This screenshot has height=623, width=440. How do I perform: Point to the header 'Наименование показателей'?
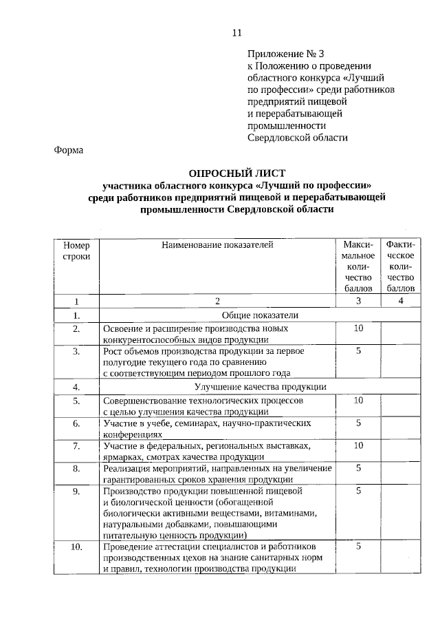(x=217, y=244)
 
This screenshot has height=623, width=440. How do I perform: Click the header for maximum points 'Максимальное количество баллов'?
(x=358, y=266)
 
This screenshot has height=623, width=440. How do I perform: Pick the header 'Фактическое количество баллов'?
(x=401, y=266)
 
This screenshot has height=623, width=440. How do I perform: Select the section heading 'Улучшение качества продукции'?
(x=250, y=386)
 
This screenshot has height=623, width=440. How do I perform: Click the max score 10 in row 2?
(x=358, y=328)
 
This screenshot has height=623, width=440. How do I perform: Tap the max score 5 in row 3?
(x=358, y=350)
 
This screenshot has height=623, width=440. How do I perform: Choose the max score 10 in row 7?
(x=358, y=445)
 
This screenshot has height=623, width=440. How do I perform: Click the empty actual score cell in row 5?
(x=401, y=405)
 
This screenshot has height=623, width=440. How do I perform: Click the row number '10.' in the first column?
(x=76, y=547)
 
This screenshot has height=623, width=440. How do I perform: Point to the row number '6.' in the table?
(x=76, y=423)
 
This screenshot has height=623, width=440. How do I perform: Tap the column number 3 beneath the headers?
(x=358, y=301)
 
